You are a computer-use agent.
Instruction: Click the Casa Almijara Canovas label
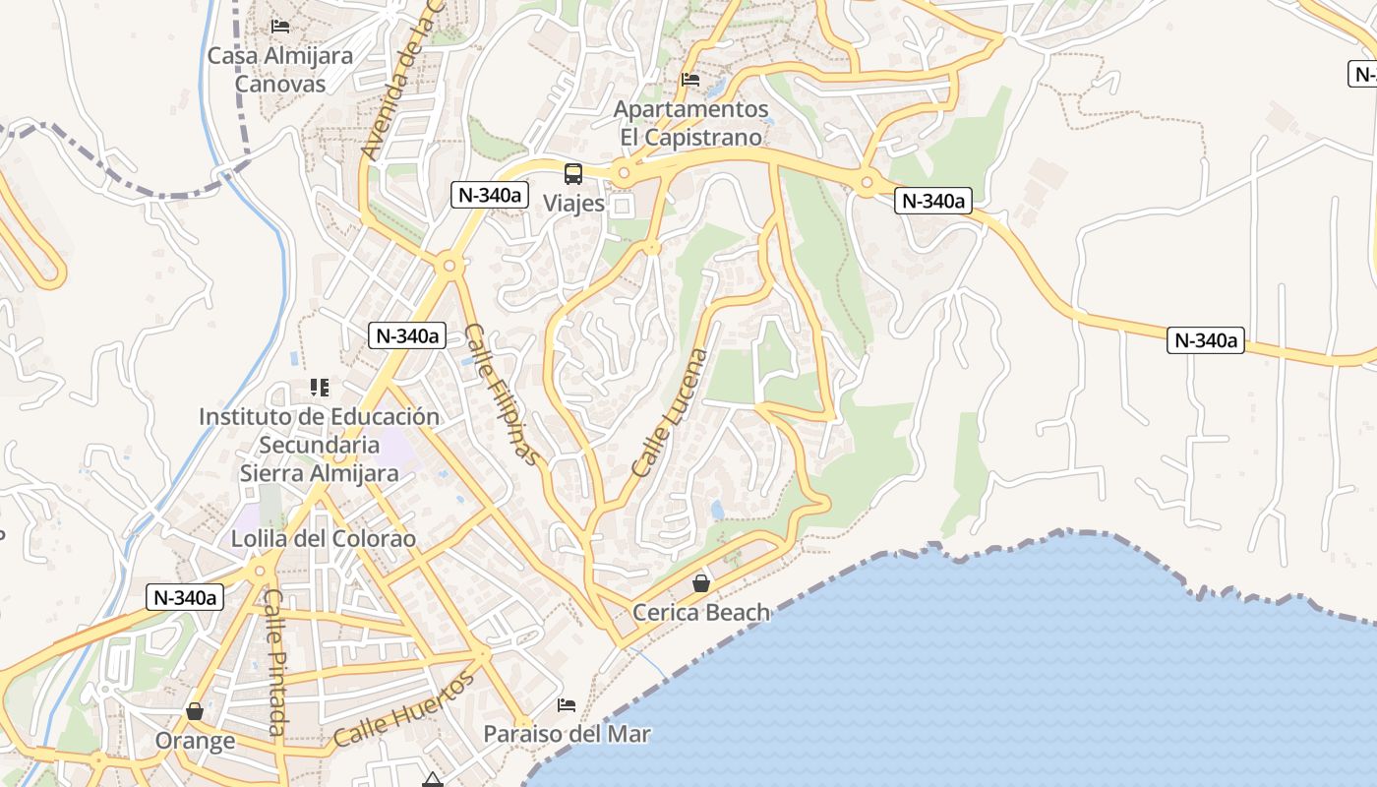pos(279,70)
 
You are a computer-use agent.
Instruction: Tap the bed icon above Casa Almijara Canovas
pos(280,26)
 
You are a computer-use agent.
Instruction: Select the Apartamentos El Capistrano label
pos(690,123)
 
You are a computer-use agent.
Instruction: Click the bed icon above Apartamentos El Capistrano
pos(690,79)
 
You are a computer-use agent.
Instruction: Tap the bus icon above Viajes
pos(573,174)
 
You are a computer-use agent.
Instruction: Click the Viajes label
pos(573,204)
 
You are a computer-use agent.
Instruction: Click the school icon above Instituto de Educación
pos(319,388)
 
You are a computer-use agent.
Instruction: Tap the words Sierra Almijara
pos(320,473)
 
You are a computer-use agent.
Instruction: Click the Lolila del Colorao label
pos(324,539)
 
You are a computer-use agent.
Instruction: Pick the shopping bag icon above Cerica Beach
pos(701,583)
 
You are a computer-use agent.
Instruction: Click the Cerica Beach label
pos(701,613)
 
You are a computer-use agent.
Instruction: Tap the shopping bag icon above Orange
pos(195,710)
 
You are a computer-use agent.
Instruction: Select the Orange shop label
pos(195,741)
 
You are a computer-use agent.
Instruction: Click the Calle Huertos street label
pos(404,709)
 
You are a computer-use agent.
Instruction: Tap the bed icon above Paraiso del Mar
pos(567,704)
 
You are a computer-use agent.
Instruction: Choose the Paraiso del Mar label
pos(567,734)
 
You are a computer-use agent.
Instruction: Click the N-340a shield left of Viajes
pos(487,195)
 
